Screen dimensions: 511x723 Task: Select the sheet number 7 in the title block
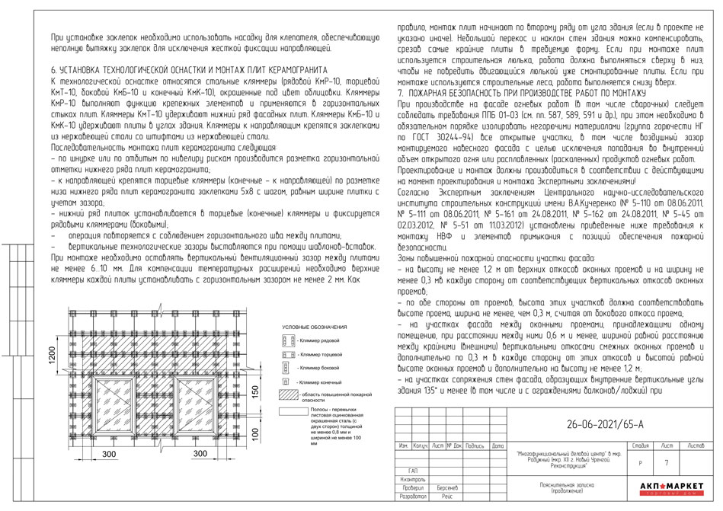667,461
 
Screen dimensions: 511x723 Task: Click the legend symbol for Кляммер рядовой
287,342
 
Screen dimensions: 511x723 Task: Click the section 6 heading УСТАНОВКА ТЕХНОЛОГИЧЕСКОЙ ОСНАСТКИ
188,68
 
